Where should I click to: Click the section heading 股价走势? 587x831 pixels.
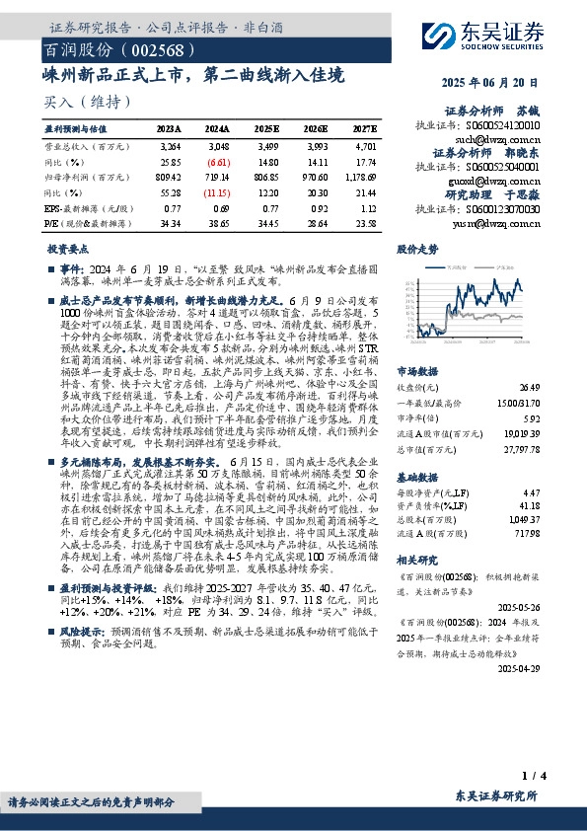[417, 250]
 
